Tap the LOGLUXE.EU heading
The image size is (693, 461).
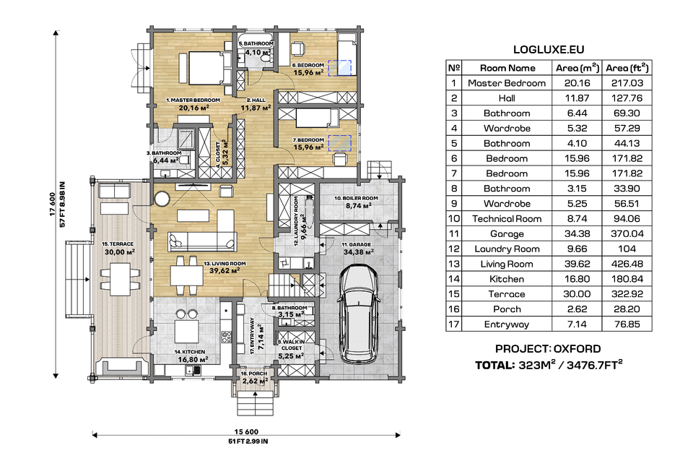tap(548, 50)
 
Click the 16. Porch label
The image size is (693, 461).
tap(255, 377)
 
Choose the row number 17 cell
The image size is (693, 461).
tap(454, 324)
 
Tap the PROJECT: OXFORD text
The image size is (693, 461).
tap(548, 348)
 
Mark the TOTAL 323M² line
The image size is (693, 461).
tap(548, 365)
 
